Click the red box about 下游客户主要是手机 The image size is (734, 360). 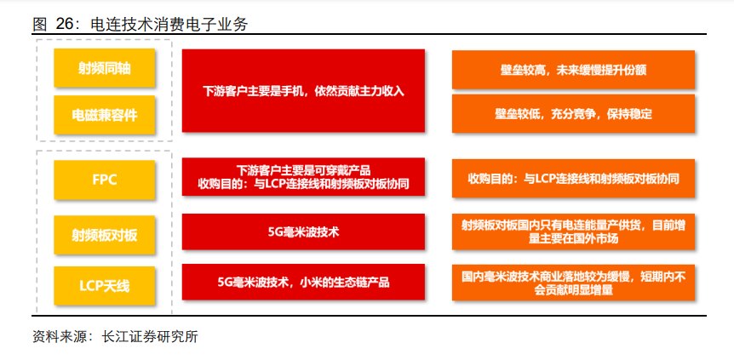pyautogui.click(x=303, y=90)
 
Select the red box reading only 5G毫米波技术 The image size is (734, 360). pyautogui.click(x=303, y=231)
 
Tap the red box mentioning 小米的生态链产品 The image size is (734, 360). pyautogui.click(x=303, y=282)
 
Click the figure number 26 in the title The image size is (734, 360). pyautogui.click(x=67, y=25)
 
